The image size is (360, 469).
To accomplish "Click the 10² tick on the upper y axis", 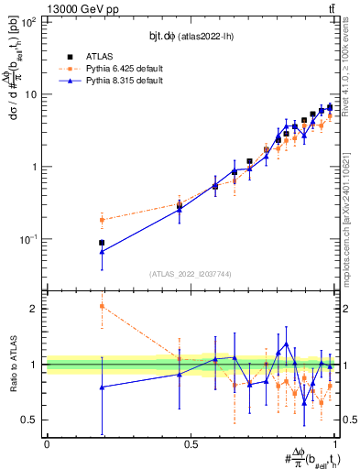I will pyautogui.click(x=28, y=22).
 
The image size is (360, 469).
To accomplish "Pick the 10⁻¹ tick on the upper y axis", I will pyautogui.click(x=27, y=238).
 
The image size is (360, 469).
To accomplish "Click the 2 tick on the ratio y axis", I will pyautogui.click(x=34, y=309).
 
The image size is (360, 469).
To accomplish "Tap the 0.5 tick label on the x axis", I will pyautogui.click(x=191, y=443).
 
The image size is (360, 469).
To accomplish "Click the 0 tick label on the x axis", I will pyautogui.click(x=46, y=443).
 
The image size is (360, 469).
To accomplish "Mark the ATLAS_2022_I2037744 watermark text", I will pyautogui.click(x=190, y=274).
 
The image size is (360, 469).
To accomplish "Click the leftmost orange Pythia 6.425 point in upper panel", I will pyautogui.click(x=102, y=220).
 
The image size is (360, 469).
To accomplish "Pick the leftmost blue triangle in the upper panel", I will pyautogui.click(x=102, y=251).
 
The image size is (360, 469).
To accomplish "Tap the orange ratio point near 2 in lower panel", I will pyautogui.click(x=102, y=306).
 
